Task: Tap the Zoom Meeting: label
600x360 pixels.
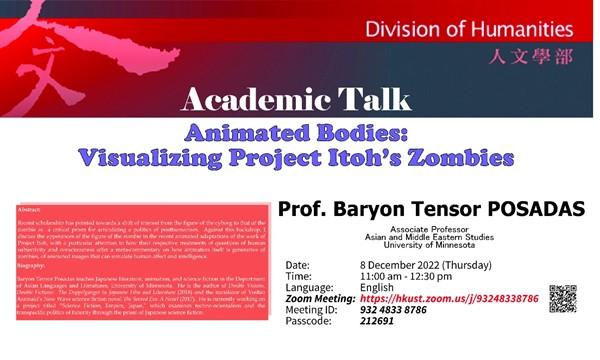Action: (x=321, y=298)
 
